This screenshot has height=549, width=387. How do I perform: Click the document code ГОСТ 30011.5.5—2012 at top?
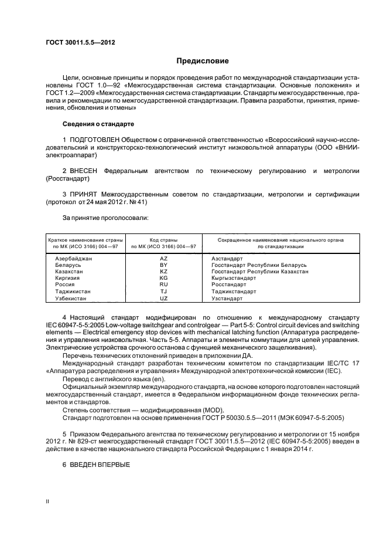point(76,43)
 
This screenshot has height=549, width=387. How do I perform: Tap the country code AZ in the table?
point(163,258)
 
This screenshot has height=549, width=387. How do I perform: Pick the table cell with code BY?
point(163,265)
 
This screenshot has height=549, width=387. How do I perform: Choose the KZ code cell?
point(163,272)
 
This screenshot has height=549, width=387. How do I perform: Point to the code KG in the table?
point(163,278)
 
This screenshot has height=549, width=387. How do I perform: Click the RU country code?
point(163,285)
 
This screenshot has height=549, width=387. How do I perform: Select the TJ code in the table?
point(163,292)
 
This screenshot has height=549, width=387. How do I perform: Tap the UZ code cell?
point(163,299)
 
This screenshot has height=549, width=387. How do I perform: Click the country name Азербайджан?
point(74,258)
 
